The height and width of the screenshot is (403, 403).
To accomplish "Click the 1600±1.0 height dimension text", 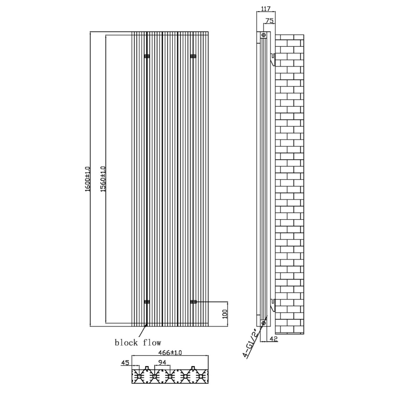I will [x=87, y=178].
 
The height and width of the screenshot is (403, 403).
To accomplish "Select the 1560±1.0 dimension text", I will [x=103, y=178].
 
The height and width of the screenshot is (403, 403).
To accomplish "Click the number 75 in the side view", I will [x=270, y=21].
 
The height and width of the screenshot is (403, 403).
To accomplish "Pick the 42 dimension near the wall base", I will [x=274, y=339].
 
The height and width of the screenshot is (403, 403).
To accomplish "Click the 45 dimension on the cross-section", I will [x=124, y=362].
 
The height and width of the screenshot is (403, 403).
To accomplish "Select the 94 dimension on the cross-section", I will [x=162, y=362].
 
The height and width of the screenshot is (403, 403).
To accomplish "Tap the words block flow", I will [x=138, y=343].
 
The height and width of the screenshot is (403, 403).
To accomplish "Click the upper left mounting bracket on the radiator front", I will [x=147, y=56].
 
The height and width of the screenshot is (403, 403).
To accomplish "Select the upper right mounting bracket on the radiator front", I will [x=193, y=56].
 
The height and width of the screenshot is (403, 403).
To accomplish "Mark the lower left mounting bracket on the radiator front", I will [x=147, y=302].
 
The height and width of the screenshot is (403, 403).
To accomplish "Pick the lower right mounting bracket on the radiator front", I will [x=193, y=302].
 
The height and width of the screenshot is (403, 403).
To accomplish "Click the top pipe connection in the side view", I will [x=263, y=35].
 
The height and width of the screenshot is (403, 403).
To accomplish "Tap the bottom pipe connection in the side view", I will [x=263, y=322].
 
